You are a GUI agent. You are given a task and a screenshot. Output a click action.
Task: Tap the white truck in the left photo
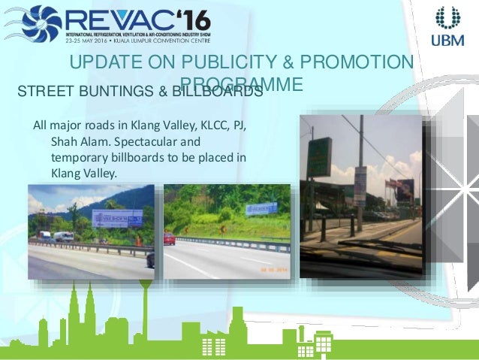[x=63, y=236]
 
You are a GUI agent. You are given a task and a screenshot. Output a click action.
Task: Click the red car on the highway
[x=169, y=240]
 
